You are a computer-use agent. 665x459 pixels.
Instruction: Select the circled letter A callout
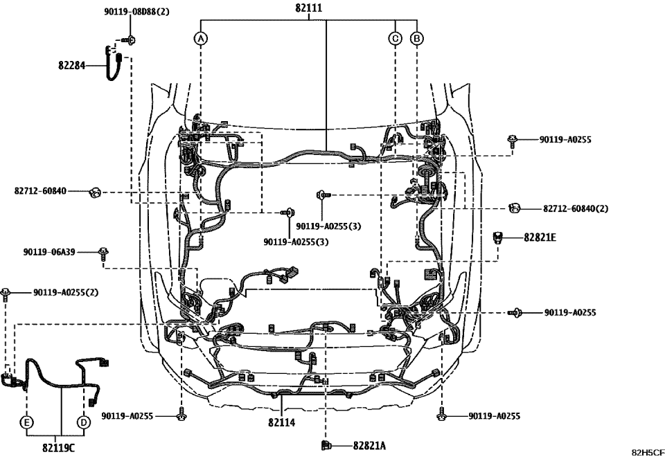tap(200, 39)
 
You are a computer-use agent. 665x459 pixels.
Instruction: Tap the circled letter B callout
tap(416, 39)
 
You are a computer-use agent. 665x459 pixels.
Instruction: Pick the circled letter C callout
tap(395, 39)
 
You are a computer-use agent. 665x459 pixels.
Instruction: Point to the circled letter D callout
tap(83, 422)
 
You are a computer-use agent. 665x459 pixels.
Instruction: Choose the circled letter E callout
tap(26, 422)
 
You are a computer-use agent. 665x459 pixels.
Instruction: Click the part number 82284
tap(71, 66)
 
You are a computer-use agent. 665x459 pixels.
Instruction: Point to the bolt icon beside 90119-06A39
tap(103, 253)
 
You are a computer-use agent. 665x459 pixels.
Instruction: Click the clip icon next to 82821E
tap(497, 238)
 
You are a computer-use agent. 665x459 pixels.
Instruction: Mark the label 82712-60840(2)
tap(575, 208)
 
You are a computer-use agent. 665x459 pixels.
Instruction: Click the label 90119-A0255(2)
tap(66, 292)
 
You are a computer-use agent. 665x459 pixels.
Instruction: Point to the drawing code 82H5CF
tap(646, 453)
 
